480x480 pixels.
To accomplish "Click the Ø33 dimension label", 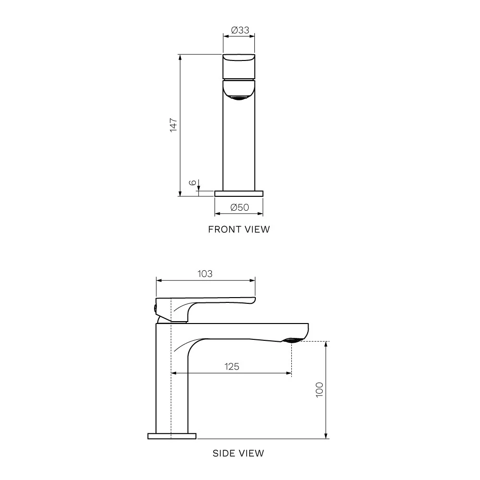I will [240, 30].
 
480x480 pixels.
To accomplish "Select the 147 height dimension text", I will [174, 125].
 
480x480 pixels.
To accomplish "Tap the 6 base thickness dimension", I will [192, 183].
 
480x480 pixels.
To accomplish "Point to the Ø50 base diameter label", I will [239, 207].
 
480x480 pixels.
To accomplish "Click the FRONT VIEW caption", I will [239, 229].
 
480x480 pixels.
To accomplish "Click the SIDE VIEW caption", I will [239, 453].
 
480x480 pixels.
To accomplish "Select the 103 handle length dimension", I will [205, 274].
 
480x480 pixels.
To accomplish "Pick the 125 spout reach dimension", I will [231, 367].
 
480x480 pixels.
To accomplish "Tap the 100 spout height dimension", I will [320, 390].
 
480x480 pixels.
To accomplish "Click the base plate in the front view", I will [239, 193].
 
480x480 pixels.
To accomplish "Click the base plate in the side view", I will [172, 436].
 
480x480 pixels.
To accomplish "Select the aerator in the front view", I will [239, 98].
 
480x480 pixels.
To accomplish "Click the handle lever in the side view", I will [216, 302].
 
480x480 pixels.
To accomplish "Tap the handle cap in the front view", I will [239, 66].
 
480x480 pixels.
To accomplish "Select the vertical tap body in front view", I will [239, 144].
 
